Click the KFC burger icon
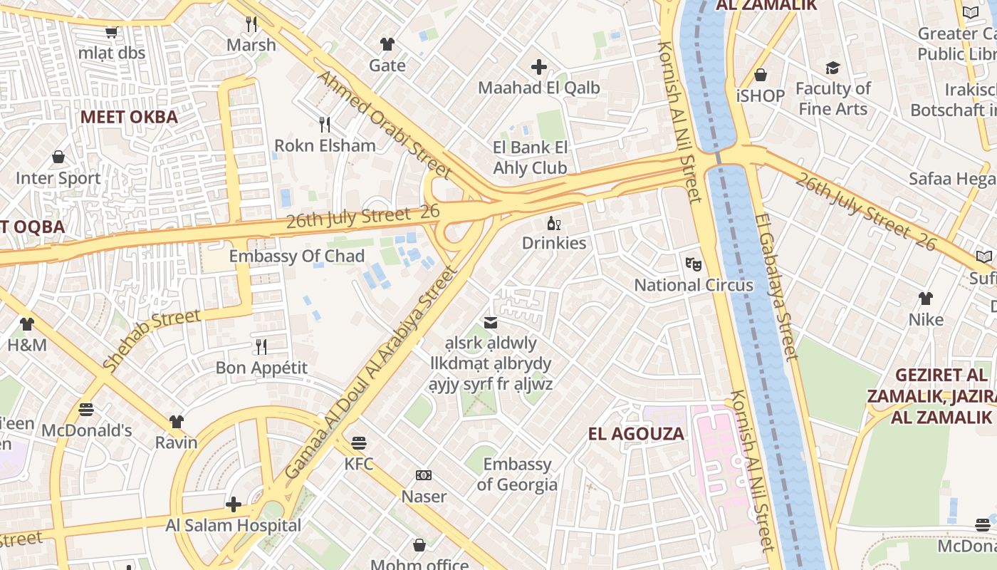[x=359, y=442]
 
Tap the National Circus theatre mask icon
[x=694, y=264]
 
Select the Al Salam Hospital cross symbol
[x=234, y=505]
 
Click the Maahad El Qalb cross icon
[x=539, y=67]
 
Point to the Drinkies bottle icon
[x=553, y=224]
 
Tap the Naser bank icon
[x=424, y=475]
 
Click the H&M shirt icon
[x=27, y=324]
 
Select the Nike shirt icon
[x=926, y=299]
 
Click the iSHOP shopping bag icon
[x=761, y=75]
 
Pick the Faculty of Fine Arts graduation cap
[x=832, y=68]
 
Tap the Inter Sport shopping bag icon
[x=58, y=157]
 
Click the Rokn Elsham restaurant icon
[x=325, y=125]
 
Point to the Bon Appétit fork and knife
[x=261, y=347]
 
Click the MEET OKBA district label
[x=129, y=117]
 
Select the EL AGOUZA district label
[x=636, y=433]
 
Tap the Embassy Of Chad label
[x=297, y=256]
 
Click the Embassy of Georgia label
[x=517, y=475]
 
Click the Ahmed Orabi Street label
[x=385, y=124]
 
